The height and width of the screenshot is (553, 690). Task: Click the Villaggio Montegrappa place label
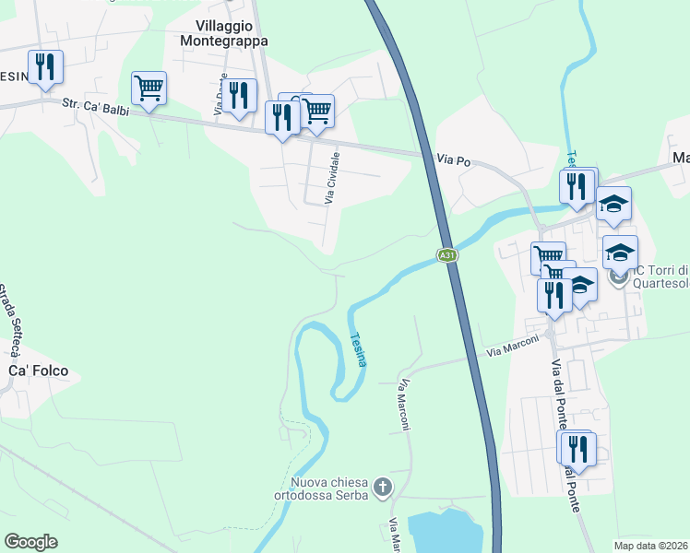pos(232,33)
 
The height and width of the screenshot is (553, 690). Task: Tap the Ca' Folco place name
pos(38,371)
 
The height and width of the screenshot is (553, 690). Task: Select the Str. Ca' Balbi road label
pos(96,107)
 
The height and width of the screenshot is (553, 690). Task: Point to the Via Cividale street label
pos(333,179)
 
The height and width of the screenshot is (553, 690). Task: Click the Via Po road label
pos(454,161)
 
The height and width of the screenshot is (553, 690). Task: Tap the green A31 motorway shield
pos(446,255)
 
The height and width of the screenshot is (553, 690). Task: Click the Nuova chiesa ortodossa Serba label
pos(329,488)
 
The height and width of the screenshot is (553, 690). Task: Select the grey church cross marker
pos(382,486)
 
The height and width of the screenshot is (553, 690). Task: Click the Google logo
pos(30,542)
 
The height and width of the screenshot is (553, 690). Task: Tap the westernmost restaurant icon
pos(43,66)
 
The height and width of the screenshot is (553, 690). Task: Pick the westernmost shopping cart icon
pos(149,88)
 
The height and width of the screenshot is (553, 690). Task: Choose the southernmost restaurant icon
pos(577,449)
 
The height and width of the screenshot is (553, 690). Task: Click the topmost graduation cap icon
pos(613,203)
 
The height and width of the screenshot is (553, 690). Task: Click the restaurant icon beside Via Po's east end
pos(576,186)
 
